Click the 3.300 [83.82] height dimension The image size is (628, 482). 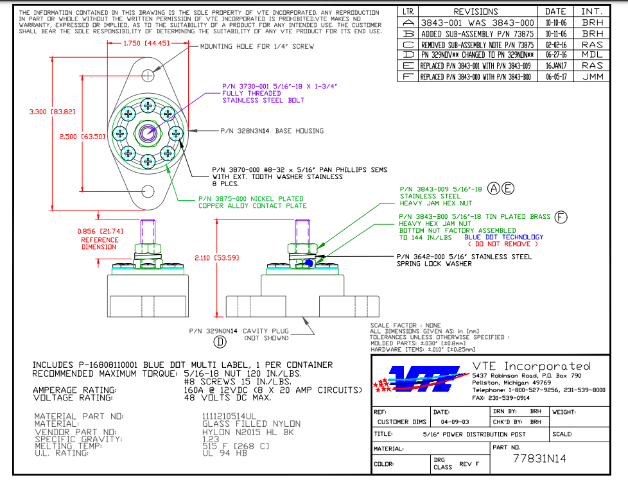pyautogui.click(x=53, y=111)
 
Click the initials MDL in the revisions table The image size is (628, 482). pyautogui.click(x=592, y=55)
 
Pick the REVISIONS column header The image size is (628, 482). pyautogui.click(x=476, y=12)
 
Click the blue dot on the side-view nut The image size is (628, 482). pyautogui.click(x=310, y=262)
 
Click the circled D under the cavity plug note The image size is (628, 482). pyautogui.click(x=220, y=341)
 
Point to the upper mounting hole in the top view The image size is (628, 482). pyautogui.click(x=148, y=76)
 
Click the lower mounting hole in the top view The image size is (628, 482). pyautogui.click(x=148, y=191)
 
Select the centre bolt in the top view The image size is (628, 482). pyautogui.click(x=148, y=133)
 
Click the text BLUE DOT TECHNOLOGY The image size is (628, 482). pyautogui.click(x=504, y=237)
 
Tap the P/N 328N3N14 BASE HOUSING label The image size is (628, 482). pyautogui.click(x=272, y=130)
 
